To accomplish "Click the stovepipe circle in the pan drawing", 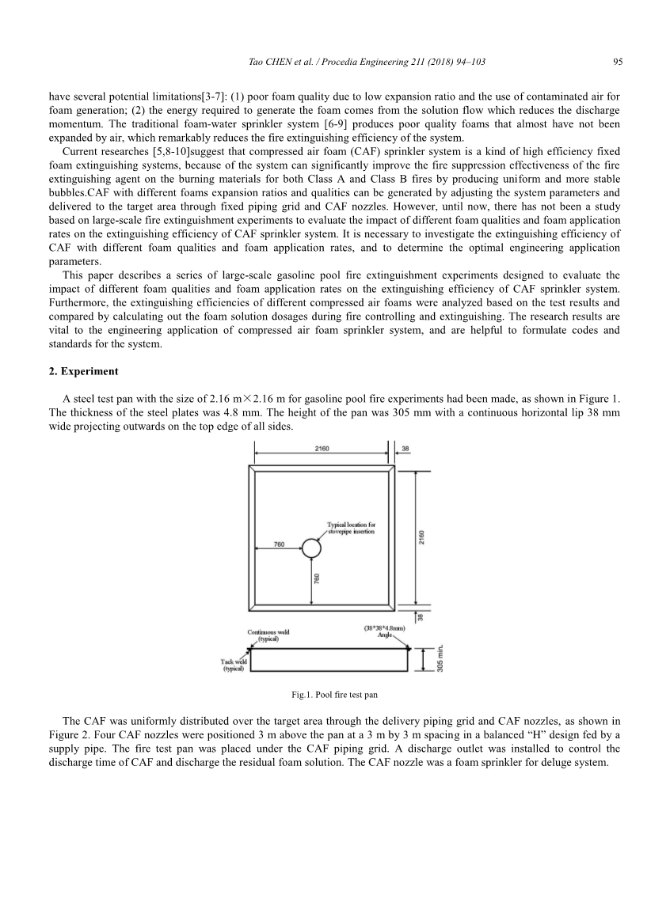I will pyautogui.click(x=311, y=548).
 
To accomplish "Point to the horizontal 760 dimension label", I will pyautogui.click(x=278, y=544).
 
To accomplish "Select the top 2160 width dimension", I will pyautogui.click(x=322, y=448).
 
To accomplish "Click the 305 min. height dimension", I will pyautogui.click(x=440, y=658).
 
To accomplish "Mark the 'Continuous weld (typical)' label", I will pyautogui.click(x=267, y=635).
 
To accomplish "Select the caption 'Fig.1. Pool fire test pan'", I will pyautogui.click(x=334, y=695).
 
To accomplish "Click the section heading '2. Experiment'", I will pyautogui.click(x=83, y=370).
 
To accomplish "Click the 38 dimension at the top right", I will pyautogui.click(x=405, y=448).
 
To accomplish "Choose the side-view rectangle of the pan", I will pyautogui.click(x=330, y=658).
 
